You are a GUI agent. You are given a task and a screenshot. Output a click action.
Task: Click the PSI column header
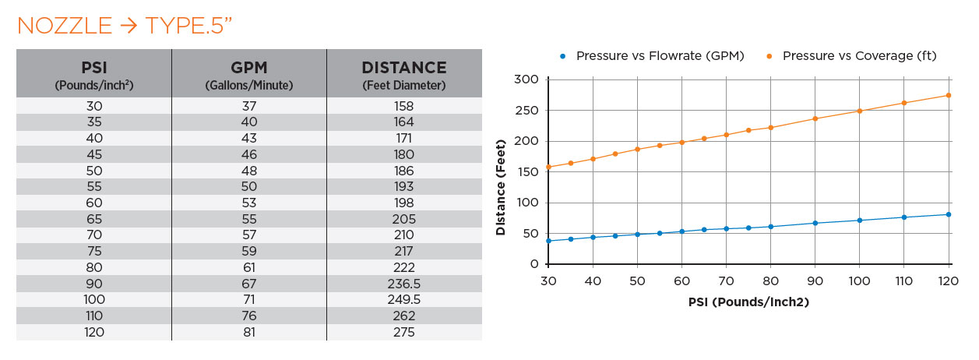93,74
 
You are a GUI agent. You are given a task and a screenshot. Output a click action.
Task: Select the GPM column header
248,74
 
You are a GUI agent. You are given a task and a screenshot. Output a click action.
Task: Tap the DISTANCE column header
403,74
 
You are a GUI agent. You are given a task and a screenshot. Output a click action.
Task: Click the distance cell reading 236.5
403,284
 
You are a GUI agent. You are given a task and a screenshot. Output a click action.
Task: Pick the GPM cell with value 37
248,105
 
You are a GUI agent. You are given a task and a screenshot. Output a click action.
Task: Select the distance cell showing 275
403,332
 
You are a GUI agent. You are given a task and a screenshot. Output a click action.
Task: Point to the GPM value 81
248,332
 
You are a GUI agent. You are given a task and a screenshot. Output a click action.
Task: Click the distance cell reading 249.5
403,300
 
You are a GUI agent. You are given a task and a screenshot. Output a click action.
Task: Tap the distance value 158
403,105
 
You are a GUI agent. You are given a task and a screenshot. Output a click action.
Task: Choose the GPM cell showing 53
248,203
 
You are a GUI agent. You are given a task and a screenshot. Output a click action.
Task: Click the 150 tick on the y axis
526,172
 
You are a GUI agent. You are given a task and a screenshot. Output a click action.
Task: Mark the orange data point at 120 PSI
949,95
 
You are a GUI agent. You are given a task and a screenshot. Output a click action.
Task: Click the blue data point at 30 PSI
548,241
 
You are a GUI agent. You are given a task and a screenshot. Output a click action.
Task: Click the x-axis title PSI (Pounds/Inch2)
748,302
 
